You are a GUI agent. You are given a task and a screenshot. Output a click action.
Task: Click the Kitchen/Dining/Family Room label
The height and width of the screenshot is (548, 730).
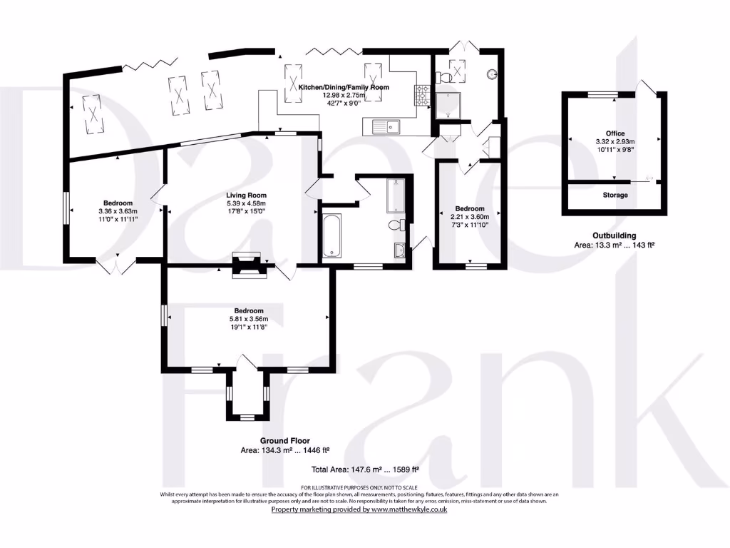(x=344, y=86)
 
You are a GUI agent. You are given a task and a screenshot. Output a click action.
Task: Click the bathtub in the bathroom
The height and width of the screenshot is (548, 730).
(x=331, y=236)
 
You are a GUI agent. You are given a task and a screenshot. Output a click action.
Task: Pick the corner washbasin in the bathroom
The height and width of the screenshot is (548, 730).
(x=400, y=250)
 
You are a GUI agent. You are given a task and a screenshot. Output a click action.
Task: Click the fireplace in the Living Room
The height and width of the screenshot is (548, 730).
(x=249, y=265)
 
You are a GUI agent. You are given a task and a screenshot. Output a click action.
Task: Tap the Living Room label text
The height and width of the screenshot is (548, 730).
(x=246, y=195)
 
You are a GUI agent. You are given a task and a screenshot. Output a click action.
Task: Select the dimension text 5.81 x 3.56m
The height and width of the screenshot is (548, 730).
(x=246, y=319)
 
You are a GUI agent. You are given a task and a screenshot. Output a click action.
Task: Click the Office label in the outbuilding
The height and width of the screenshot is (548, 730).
(x=615, y=133)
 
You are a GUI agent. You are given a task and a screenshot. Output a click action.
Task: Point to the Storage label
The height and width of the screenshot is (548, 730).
(x=615, y=195)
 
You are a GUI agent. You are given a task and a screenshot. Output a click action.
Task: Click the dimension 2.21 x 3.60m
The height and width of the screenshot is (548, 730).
(x=470, y=217)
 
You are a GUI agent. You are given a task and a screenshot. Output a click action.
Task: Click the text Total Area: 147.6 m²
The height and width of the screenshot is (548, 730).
(x=364, y=469)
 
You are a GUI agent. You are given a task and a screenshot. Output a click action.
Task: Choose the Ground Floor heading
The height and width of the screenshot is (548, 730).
(x=284, y=440)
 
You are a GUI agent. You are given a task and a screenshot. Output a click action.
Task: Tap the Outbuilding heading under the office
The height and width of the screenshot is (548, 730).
(x=614, y=235)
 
